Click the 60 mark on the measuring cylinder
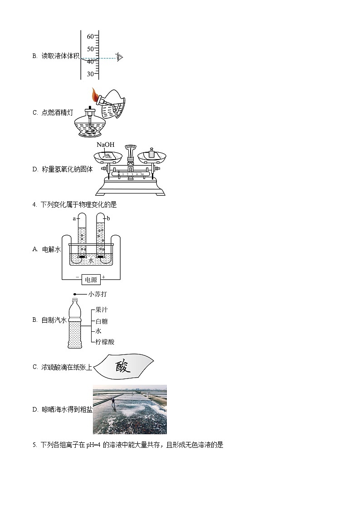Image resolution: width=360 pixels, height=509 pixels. pyautogui.click(x=90, y=36)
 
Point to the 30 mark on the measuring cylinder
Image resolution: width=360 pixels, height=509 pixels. pyautogui.click(x=90, y=74)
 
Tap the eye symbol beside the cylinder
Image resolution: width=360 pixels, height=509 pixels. pyautogui.click(x=120, y=58)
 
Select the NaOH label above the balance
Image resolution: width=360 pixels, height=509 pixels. pyautogui.click(x=105, y=145)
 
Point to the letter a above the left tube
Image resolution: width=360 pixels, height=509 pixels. pyautogui.click(x=74, y=218)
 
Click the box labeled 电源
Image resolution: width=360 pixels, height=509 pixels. pyautogui.click(x=91, y=280)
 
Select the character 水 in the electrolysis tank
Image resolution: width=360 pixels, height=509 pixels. pyautogui.click(x=91, y=261)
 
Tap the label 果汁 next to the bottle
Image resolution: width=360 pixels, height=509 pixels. pyautogui.click(x=102, y=311)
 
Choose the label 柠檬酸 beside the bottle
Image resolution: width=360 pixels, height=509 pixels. pyautogui.click(x=105, y=342)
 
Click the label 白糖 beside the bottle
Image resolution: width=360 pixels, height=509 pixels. pyautogui.click(x=102, y=321)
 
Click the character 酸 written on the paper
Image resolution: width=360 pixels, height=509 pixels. pyautogui.click(x=122, y=366)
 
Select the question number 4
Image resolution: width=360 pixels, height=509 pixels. pyautogui.click(x=34, y=205)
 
